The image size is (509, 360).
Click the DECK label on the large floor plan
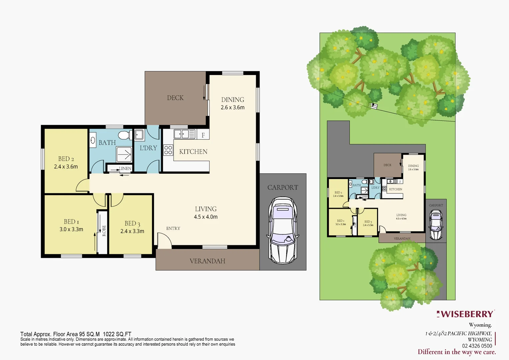click(175, 98)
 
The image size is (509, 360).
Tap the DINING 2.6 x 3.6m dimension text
click(233, 107)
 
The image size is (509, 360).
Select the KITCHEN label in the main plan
click(193, 152)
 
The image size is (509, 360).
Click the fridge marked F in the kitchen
click(203, 135)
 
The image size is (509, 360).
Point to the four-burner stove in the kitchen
click(168, 150)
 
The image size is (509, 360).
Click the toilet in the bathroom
click(125, 135)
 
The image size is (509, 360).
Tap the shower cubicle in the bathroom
click(124, 154)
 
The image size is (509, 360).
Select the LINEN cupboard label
click(125, 168)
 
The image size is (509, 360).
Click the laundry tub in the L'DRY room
click(139, 135)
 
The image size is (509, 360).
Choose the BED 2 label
click(66, 159)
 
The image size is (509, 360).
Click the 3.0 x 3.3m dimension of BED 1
click(71, 229)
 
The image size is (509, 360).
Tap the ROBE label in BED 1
click(104, 231)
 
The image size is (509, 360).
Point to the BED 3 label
click(132, 223)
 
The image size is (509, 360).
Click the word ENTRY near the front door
click(173, 228)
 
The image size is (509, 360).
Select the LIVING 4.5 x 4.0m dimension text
click(206, 217)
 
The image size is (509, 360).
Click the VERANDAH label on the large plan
click(207, 261)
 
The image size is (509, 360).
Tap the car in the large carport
click(282, 230)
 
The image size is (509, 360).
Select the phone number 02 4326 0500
click(477, 346)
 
